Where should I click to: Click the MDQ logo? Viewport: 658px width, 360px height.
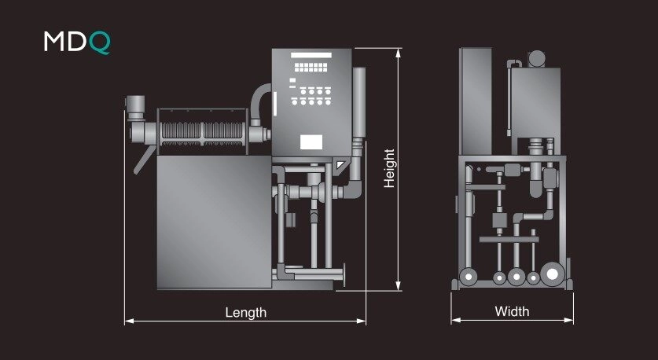[77, 42]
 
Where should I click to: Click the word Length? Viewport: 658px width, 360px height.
[245, 313]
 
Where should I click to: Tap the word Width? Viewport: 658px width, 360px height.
[512, 311]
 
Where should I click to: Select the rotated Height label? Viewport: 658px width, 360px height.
[389, 168]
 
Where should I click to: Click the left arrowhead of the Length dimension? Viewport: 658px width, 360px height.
[129, 321]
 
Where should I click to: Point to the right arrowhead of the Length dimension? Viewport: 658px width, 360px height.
[362, 321]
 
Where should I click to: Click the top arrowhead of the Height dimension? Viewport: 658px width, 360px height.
[399, 53]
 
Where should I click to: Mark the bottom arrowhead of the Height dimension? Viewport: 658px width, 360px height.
[399, 286]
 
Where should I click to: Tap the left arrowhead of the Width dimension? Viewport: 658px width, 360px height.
[456, 320]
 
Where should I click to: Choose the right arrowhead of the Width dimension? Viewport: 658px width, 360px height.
[568, 320]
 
